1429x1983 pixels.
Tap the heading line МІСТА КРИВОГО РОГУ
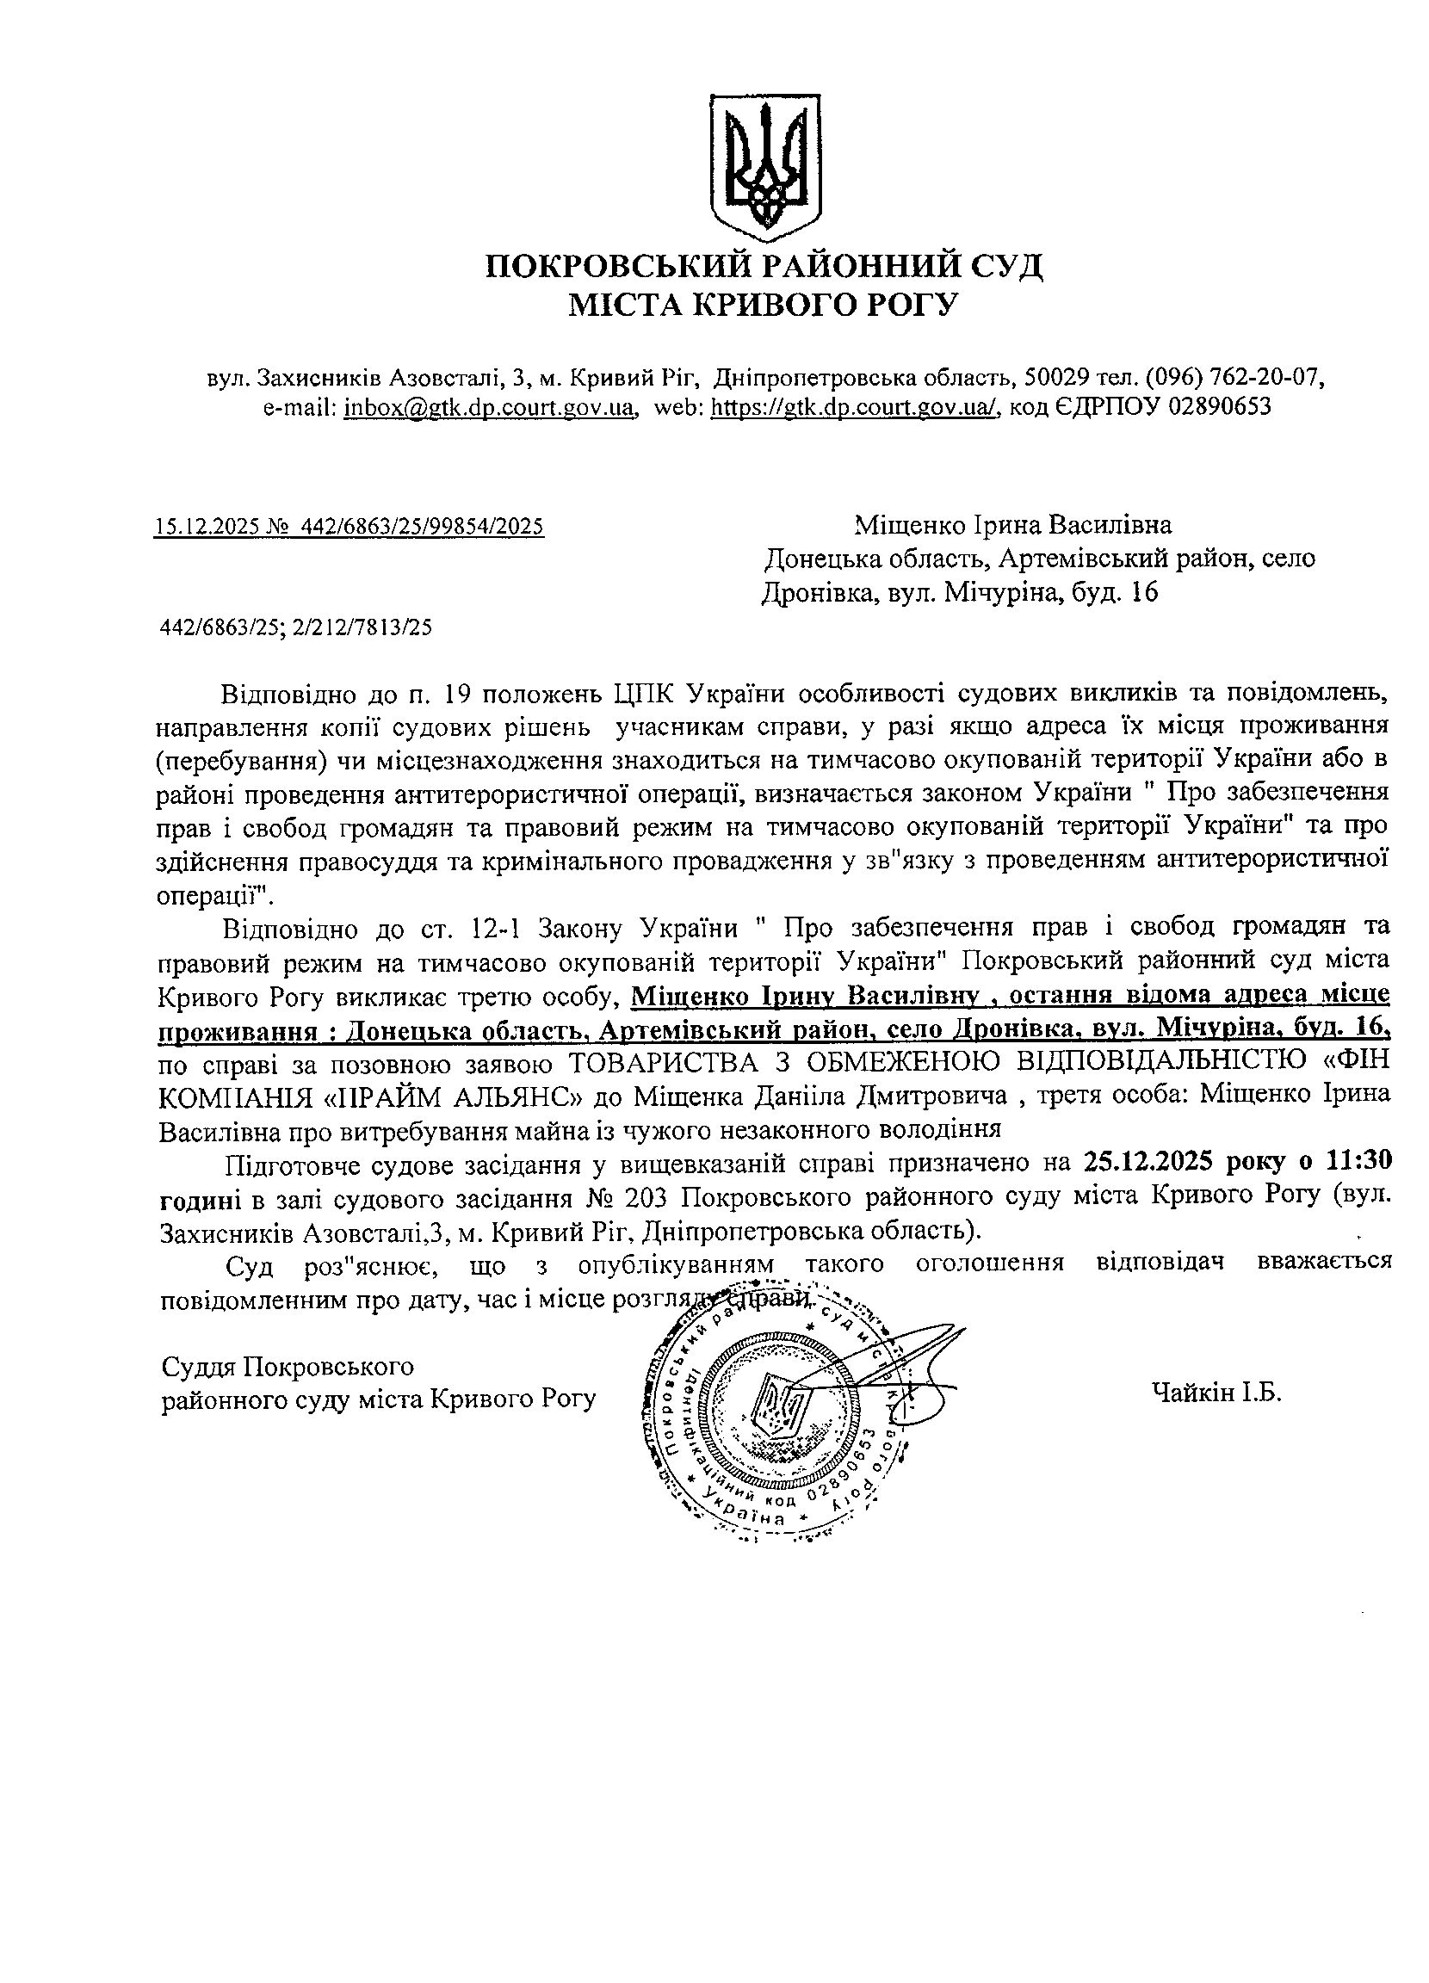click(764, 305)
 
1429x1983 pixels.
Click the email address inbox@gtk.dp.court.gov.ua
click(489, 406)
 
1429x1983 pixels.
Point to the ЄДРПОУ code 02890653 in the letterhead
click(1219, 406)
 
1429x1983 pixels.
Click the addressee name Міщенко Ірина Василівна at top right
click(1012, 526)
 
